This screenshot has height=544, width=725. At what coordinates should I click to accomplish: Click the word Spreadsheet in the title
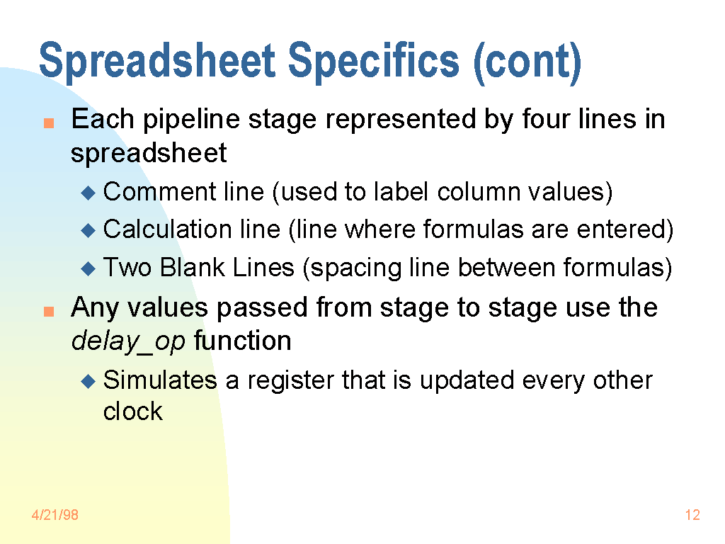click(158, 61)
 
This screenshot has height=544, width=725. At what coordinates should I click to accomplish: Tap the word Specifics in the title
click(374, 61)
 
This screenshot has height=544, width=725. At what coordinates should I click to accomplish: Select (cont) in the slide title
click(527, 62)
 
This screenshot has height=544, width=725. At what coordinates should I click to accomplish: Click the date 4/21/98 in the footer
click(55, 515)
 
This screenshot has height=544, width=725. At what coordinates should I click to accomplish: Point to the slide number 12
click(692, 515)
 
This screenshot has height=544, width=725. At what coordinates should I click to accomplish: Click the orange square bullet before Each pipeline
click(49, 123)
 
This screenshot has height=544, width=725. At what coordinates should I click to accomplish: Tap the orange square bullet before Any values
click(49, 312)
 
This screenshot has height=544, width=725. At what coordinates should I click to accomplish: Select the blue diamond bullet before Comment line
click(88, 193)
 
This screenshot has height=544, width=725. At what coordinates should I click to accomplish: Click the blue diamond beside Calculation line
click(88, 230)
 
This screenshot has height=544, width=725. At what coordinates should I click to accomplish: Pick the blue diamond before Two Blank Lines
click(88, 268)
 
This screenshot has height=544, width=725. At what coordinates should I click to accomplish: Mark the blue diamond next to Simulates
click(88, 381)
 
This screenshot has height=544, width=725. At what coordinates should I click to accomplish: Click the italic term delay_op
click(128, 342)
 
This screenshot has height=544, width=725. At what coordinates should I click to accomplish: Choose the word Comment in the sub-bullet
click(160, 191)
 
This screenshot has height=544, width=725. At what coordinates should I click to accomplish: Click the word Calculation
click(167, 229)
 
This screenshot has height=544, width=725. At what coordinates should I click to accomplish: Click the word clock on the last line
click(133, 412)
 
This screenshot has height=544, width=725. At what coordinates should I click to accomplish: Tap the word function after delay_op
click(243, 341)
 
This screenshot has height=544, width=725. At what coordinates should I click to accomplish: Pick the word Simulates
click(160, 380)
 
